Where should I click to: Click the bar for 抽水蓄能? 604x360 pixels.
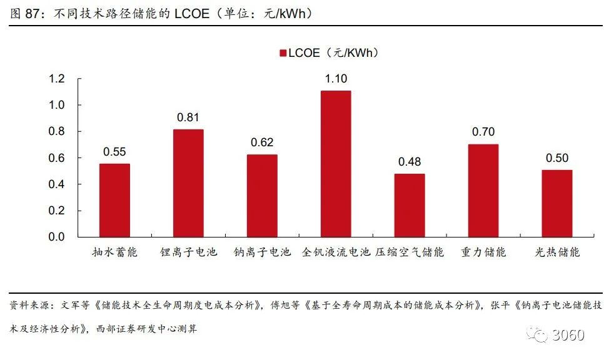coord(114,200)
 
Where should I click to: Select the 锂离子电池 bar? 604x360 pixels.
coord(188,183)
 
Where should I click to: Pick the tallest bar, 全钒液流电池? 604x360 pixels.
coord(336,164)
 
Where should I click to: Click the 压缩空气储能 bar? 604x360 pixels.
coord(410,205)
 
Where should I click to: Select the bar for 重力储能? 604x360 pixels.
coord(483,191)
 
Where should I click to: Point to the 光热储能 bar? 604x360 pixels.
coord(557,203)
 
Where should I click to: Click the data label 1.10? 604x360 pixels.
coord(336,79)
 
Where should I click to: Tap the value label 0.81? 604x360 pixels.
coord(188,117)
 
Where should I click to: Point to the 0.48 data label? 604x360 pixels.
coord(410,162)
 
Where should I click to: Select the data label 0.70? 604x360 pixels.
coord(483,132)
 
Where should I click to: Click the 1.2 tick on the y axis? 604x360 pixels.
coord(57,79)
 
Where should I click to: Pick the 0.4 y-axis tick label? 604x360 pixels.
coord(57,184)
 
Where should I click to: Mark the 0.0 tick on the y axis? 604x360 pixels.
coord(57,237)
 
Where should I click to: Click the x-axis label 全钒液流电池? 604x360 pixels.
coord(336,252)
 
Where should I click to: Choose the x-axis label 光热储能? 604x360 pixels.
coord(557,252)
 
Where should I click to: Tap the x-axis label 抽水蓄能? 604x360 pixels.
coord(114,252)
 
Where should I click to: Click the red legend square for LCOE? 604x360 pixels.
coord(283,53)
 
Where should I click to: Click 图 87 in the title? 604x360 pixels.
coord(25,13)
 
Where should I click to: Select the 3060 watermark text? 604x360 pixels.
coord(568,335)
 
